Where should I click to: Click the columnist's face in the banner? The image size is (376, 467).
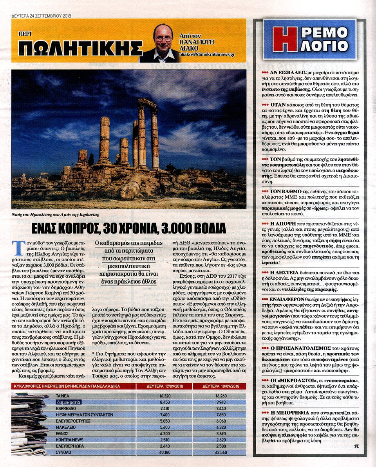click(x=163, y=38)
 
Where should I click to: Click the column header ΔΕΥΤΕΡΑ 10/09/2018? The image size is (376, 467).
click(x=219, y=386)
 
